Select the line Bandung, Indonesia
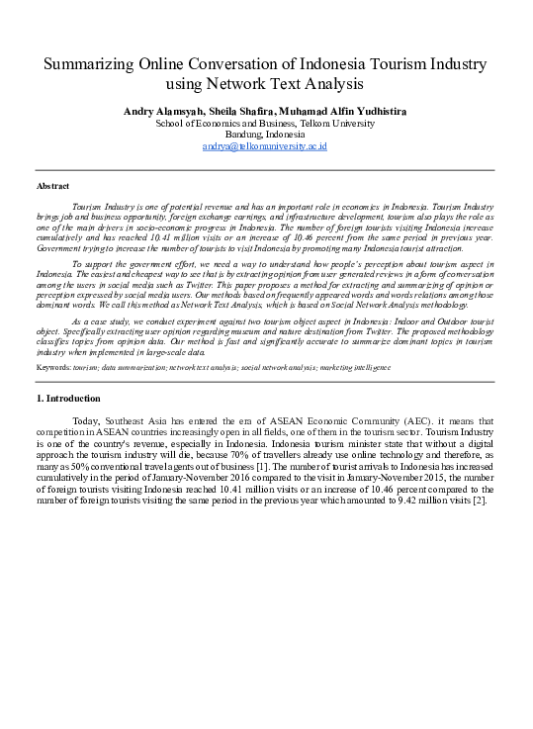pos(265,134)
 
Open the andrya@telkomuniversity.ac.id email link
pos(265,145)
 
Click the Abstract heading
pos(52,186)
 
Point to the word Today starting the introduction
pos(86,422)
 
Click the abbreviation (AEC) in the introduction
pos(360,422)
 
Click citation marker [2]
pos(480,499)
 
